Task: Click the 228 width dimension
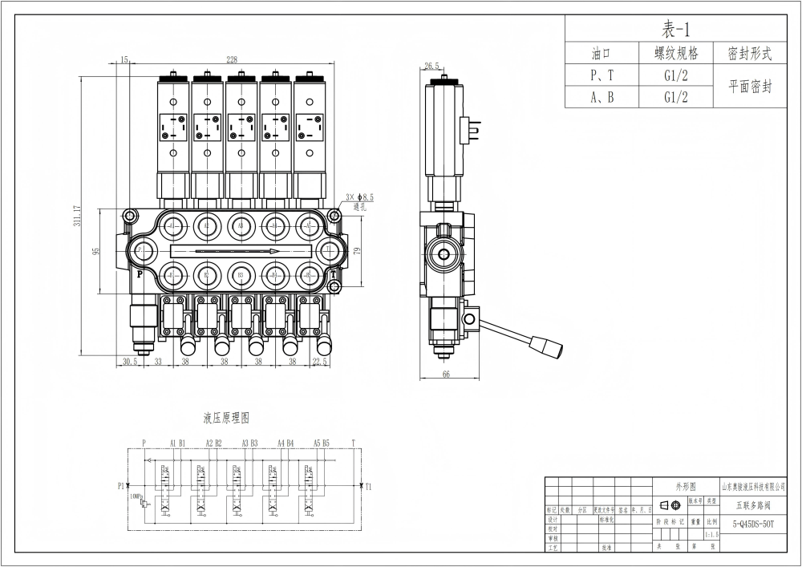[232, 59]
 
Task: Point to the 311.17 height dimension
[77, 216]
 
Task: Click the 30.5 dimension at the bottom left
[129, 361]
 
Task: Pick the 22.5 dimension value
[319, 361]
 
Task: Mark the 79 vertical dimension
[358, 251]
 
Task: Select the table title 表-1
[675, 30]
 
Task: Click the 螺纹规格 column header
[676, 54]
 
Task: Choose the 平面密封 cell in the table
[750, 87]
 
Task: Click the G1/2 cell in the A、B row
[676, 97]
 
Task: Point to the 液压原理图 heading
[226, 418]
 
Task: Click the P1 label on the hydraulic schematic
[121, 485]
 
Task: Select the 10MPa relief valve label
[135, 496]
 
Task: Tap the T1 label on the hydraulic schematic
[368, 485]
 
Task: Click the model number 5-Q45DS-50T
[753, 523]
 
